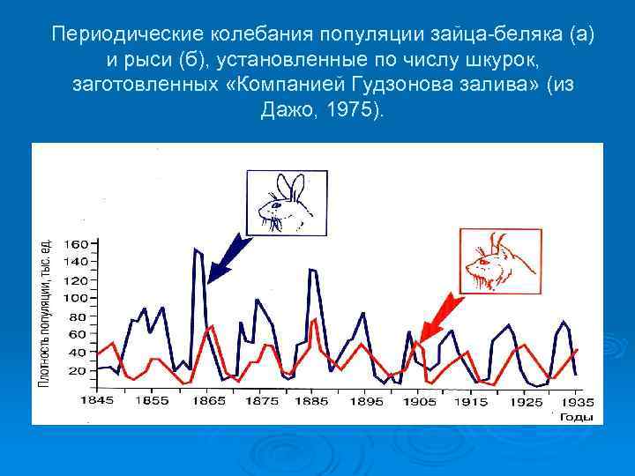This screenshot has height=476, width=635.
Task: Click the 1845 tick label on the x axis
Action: coord(97,401)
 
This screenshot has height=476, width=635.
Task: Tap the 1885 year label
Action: coord(312,401)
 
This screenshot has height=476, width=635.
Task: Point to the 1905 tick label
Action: coord(420,401)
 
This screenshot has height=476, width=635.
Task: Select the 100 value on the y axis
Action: coord(76,299)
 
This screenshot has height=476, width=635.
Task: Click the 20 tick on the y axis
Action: coord(79,371)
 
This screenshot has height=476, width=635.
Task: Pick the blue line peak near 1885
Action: coord(311,270)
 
